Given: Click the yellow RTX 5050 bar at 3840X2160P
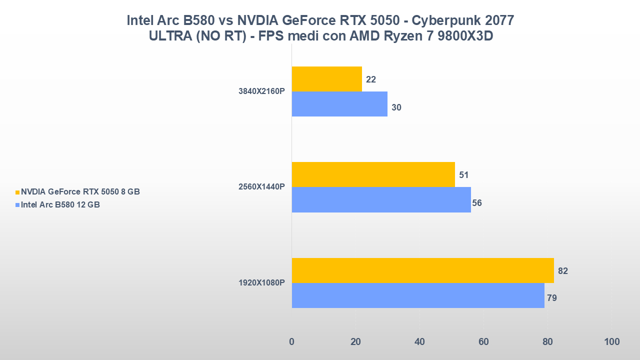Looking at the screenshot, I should point(326,79).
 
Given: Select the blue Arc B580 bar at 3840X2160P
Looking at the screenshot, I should point(339,104).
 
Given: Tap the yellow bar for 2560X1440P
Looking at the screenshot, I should point(373,174).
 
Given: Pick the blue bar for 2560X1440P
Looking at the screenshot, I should point(381,199).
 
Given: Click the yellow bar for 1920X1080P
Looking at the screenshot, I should point(422,270).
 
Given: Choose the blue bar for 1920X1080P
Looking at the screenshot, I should point(418,295).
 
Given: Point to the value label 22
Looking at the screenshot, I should point(371,79).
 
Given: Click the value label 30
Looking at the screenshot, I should point(396,107).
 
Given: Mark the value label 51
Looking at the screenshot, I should point(463,175).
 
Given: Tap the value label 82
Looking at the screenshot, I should point(563,271).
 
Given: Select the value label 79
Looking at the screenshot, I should point(552,298).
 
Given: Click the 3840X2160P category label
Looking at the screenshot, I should point(261,91).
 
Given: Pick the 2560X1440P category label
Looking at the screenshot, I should point(261,187).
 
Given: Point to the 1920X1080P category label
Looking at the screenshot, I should point(261,283).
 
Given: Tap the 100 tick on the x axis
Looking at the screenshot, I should point(611,342).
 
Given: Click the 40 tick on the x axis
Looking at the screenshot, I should point(419,342).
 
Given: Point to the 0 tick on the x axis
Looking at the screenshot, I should point(291,342).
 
